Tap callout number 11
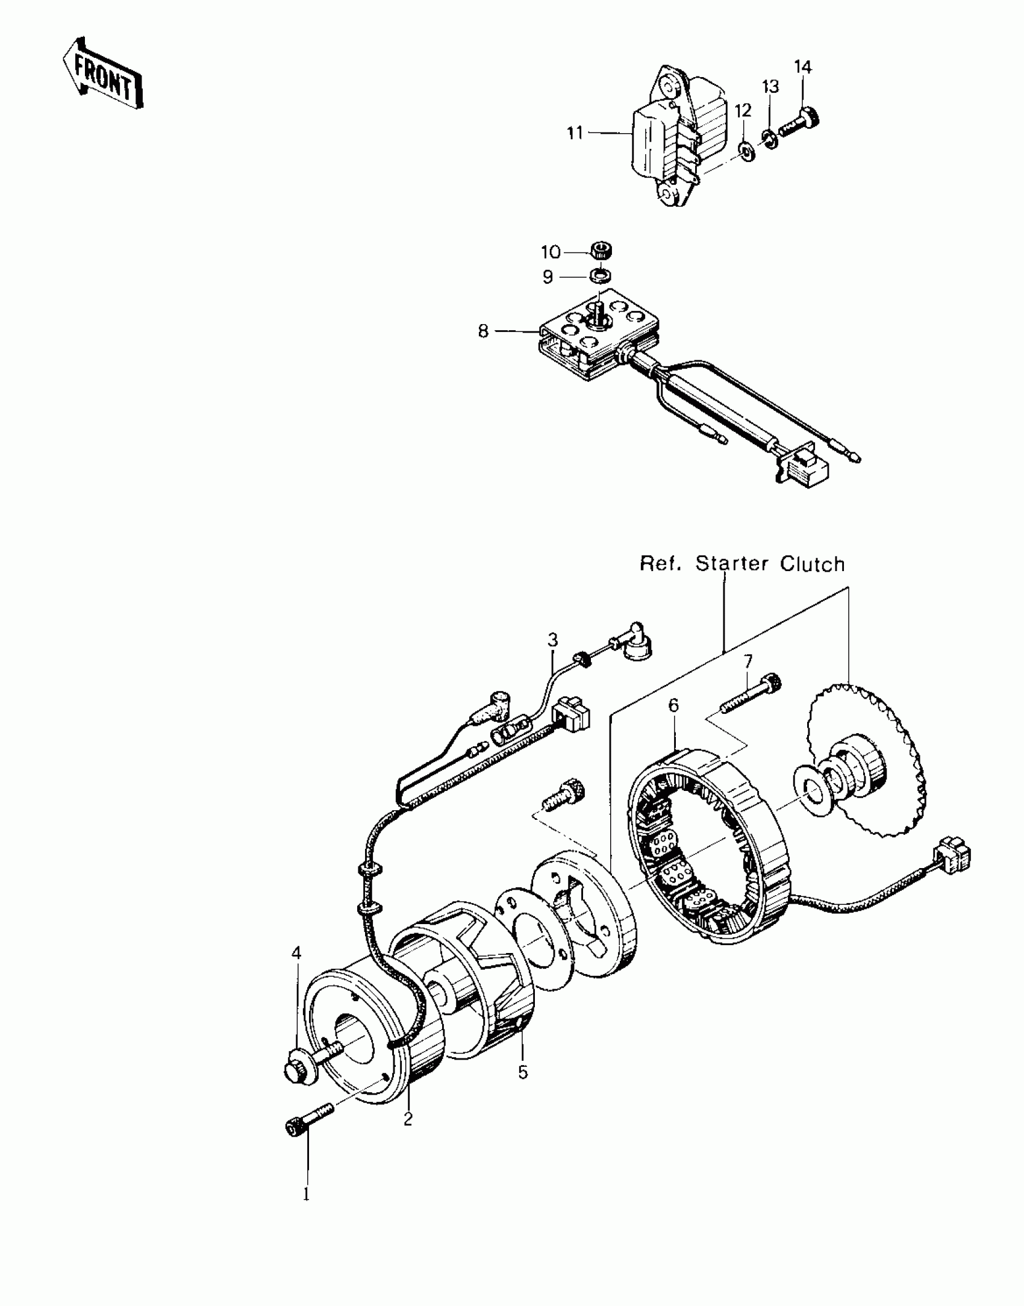575,133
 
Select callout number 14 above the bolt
802,67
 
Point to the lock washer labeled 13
769,137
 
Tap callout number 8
483,331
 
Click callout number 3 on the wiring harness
553,640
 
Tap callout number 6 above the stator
673,705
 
